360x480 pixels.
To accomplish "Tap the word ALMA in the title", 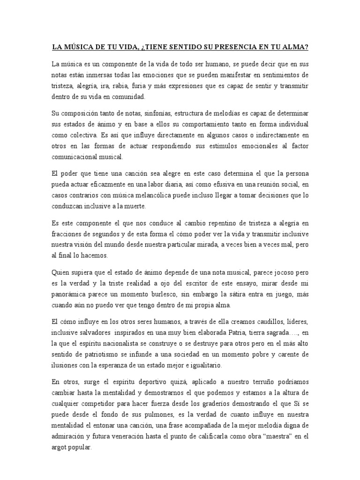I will pyautogui.click(x=293, y=47).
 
